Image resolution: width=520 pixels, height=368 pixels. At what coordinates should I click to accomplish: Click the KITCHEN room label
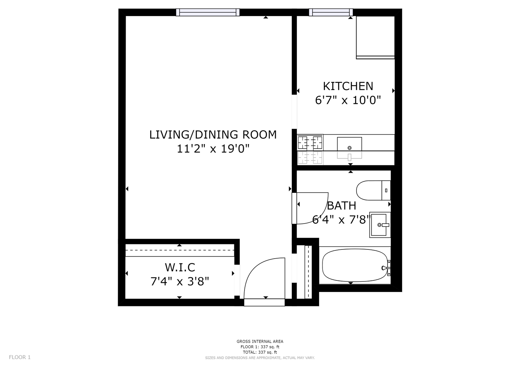(348, 86)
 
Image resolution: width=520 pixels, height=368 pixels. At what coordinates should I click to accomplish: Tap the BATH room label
(342, 205)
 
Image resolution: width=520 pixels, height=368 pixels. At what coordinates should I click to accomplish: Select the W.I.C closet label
(180, 267)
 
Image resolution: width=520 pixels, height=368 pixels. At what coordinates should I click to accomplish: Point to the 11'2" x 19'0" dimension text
(213, 149)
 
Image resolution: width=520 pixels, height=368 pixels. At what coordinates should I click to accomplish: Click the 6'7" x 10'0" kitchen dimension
(348, 101)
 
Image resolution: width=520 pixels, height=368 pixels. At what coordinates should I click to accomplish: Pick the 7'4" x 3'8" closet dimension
(180, 281)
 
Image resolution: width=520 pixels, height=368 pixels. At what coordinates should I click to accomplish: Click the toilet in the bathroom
(373, 190)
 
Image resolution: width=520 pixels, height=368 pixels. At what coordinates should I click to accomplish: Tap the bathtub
(355, 265)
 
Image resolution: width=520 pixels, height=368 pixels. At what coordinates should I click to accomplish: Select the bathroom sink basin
(380, 225)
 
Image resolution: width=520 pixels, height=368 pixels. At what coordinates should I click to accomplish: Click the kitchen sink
(349, 144)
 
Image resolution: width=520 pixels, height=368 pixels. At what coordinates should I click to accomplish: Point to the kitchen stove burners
(310, 142)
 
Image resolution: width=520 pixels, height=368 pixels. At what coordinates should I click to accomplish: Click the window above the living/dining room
(208, 12)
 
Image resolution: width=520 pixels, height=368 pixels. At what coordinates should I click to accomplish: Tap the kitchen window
(331, 12)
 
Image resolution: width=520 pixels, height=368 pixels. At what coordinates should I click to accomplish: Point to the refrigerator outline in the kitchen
(375, 37)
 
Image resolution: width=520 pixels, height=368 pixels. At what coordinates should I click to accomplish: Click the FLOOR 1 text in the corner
(20, 357)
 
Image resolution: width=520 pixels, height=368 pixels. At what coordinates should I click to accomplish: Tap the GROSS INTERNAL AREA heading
(260, 341)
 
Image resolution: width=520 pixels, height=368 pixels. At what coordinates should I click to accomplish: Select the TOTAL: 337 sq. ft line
(260, 352)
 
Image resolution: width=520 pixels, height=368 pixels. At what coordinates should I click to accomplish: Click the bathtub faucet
(386, 268)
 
